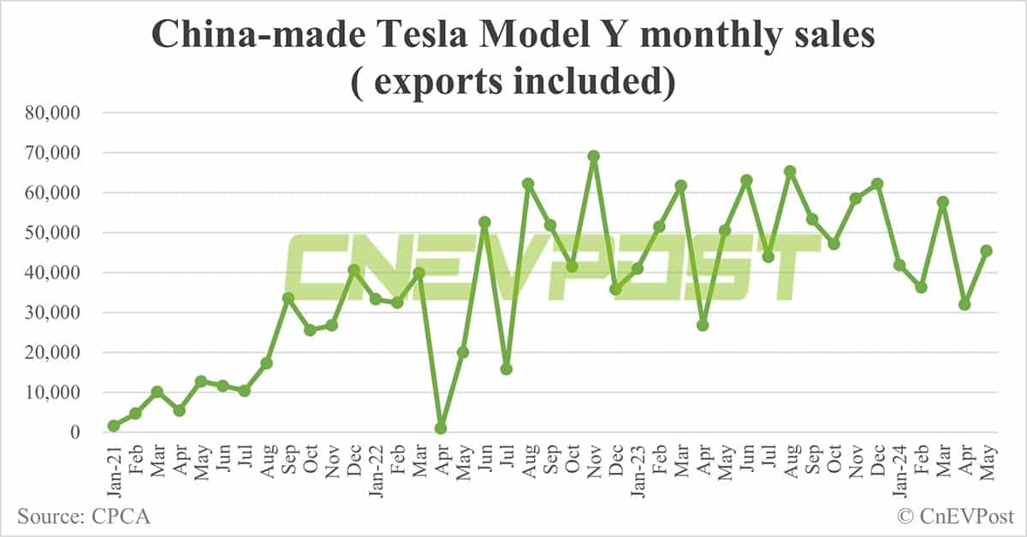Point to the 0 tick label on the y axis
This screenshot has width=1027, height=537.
pyautogui.click(x=74, y=433)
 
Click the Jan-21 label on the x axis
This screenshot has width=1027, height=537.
pyautogui.click(x=114, y=466)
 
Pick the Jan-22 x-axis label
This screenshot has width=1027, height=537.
pyautogui.click(x=376, y=466)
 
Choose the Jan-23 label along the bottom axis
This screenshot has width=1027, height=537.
pyautogui.click(x=637, y=466)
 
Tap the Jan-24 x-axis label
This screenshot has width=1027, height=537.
pyautogui.click(x=899, y=466)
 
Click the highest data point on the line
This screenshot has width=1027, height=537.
pyautogui.click(x=594, y=156)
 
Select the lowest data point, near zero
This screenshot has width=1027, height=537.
pyautogui.click(x=441, y=428)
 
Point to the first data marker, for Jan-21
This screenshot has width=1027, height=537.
pyautogui.click(x=114, y=426)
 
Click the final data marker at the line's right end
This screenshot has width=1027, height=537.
pyautogui.click(x=986, y=251)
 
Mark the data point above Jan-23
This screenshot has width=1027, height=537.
pyautogui.click(x=637, y=268)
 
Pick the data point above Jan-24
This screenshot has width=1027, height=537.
pyautogui.click(x=899, y=265)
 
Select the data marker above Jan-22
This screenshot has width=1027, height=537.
pyautogui.click(x=376, y=299)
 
